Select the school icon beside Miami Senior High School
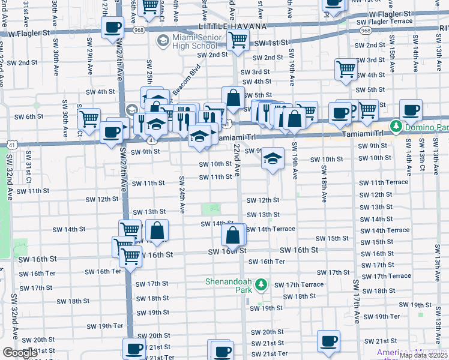click(162, 41)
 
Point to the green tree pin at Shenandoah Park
click(261, 284)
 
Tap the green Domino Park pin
click(396, 127)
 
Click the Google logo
click(20, 352)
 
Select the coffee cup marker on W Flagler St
click(112, 28)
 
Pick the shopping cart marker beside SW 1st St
click(238, 40)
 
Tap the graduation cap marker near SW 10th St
click(273, 158)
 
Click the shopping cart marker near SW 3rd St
click(346, 70)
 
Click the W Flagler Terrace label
click(386, 22)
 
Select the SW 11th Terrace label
click(384, 182)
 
